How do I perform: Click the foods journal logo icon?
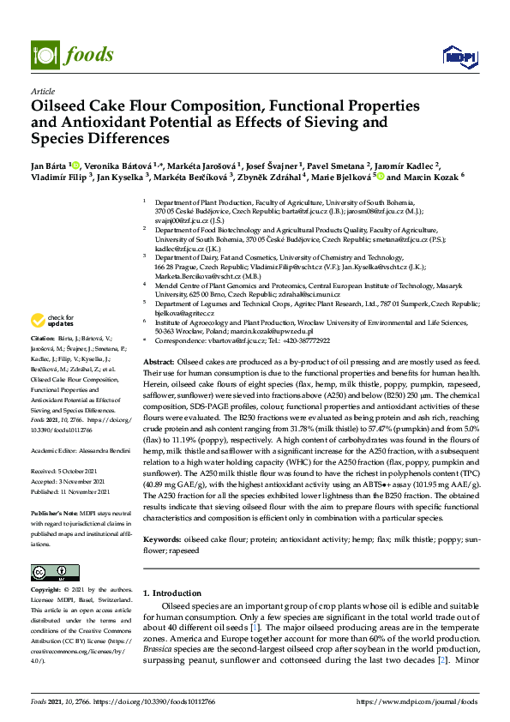click(43, 54)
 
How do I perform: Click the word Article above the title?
click(41, 90)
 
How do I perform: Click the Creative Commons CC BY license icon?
click(50, 571)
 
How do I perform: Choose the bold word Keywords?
click(164, 541)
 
